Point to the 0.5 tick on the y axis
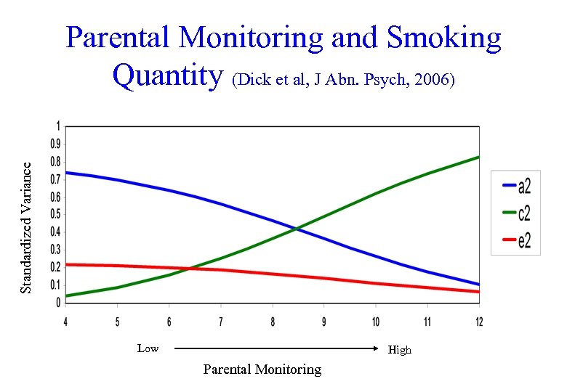coord(55,215)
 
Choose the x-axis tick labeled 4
coord(65,321)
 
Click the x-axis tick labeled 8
coord(273,321)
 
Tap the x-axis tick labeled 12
coord(479,321)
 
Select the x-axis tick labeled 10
coord(376,321)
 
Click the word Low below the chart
coord(148,348)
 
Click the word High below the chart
coord(400,350)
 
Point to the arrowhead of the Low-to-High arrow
coord(376,349)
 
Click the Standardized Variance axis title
coord(26,227)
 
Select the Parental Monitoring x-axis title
coord(262,369)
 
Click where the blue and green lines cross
coord(297,229)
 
